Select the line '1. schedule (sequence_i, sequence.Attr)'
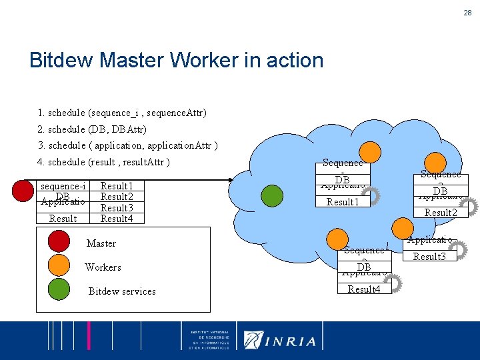[x=122, y=113]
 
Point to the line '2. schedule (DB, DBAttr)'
[x=93, y=129]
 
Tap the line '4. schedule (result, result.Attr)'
[x=104, y=162]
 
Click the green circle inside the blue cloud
[x=271, y=195]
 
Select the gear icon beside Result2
[x=469, y=207]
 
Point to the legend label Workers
[x=103, y=267]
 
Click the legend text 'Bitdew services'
[x=122, y=291]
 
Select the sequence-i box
[x=63, y=186]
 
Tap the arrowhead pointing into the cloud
[x=230, y=179]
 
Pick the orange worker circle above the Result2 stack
[x=435, y=162]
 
